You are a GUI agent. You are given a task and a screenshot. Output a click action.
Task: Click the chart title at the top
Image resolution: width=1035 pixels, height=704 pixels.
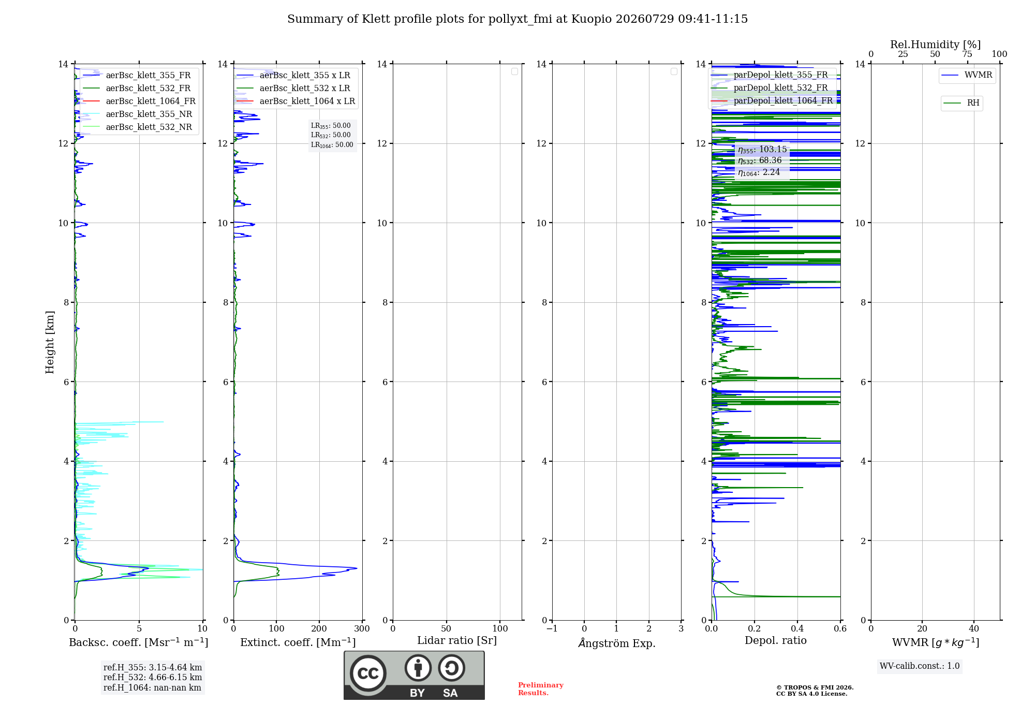pyautogui.click(x=517, y=19)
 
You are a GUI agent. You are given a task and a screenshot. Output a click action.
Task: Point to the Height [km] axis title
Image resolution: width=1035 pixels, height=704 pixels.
pyautogui.click(x=50, y=342)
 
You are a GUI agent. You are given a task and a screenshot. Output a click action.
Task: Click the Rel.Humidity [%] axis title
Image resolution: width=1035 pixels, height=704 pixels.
pyautogui.click(x=935, y=45)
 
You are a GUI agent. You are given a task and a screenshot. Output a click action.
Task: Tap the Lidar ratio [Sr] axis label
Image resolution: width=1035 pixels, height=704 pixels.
pyautogui.click(x=457, y=641)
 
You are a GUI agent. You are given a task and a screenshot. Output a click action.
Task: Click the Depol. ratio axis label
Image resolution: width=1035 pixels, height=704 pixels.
pyautogui.click(x=776, y=641)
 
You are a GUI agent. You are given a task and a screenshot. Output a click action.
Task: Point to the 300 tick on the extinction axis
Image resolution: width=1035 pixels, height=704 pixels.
pyautogui.click(x=362, y=629)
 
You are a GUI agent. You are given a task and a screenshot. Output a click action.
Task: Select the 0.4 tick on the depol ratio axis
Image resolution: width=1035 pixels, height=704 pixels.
pyautogui.click(x=797, y=629)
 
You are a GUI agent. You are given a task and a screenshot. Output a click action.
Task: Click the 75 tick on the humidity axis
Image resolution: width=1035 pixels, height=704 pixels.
pyautogui.click(x=967, y=54)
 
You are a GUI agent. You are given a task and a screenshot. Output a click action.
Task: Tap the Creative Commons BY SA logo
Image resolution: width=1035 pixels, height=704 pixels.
pyautogui.click(x=414, y=676)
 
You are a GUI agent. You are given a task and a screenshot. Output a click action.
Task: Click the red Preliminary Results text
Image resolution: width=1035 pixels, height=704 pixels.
pyautogui.click(x=540, y=689)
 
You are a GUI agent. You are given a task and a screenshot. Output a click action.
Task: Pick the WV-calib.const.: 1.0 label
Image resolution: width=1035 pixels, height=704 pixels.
pyautogui.click(x=920, y=666)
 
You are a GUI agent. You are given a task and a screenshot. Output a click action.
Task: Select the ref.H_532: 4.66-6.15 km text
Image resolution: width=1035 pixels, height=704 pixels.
pyautogui.click(x=153, y=678)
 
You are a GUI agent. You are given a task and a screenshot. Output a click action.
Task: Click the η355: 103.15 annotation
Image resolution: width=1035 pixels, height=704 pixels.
pyautogui.click(x=762, y=150)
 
